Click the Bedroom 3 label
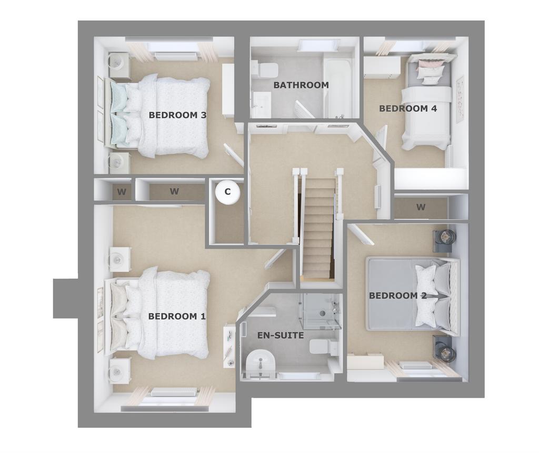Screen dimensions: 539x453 (177, 115)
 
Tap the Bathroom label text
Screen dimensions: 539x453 (301, 85)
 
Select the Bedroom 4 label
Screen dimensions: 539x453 (408, 109)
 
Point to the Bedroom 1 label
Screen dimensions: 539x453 (177, 317)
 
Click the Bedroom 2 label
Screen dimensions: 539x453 (398, 296)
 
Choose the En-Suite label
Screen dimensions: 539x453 (281, 336)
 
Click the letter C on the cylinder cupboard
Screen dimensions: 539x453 (227, 192)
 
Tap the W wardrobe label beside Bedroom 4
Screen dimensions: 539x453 (421, 207)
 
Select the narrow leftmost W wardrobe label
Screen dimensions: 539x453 (122, 192)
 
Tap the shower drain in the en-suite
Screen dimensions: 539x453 (322, 313)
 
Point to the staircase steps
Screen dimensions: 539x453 (318, 228)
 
